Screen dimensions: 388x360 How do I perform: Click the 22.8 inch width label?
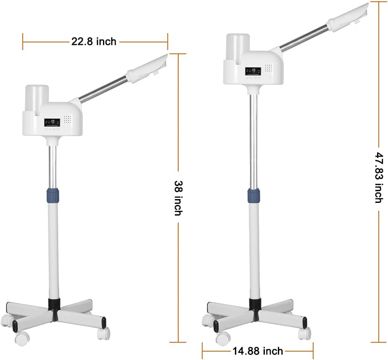point(94,41)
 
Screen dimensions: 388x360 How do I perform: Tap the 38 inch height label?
point(179,198)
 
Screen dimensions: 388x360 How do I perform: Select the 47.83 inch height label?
point(379,178)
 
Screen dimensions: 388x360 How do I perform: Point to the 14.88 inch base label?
point(258,351)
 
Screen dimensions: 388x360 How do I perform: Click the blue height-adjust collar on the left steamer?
point(53,195)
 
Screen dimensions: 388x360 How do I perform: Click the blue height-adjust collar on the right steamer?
point(253,195)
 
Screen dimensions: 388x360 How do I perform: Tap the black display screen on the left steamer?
point(52,122)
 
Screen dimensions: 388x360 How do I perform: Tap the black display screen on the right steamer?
point(253,71)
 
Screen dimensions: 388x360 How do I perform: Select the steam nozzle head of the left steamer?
point(147,68)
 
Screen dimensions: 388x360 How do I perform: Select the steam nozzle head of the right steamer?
point(348,17)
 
